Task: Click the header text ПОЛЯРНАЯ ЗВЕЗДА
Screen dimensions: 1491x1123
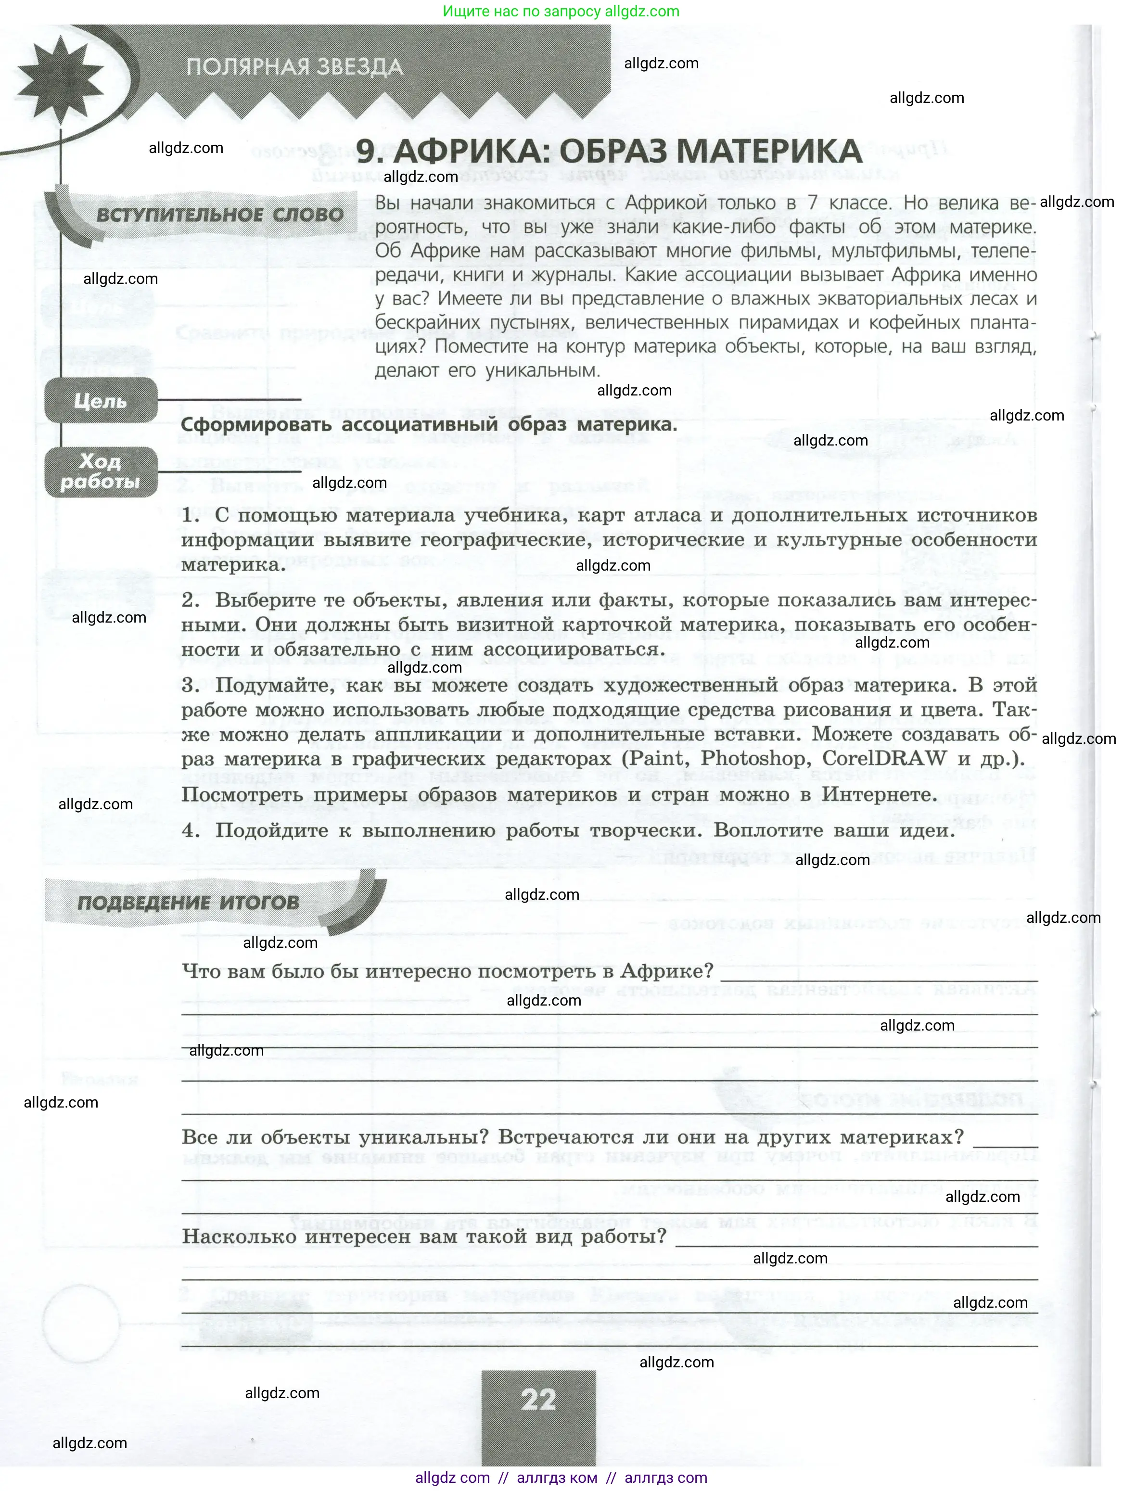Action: point(294,67)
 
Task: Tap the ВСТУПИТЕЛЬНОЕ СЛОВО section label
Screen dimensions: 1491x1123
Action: point(220,216)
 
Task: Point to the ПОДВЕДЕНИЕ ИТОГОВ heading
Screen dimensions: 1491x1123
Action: point(188,903)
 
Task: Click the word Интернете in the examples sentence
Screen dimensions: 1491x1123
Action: point(880,795)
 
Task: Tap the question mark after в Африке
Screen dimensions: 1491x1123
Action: point(708,971)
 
